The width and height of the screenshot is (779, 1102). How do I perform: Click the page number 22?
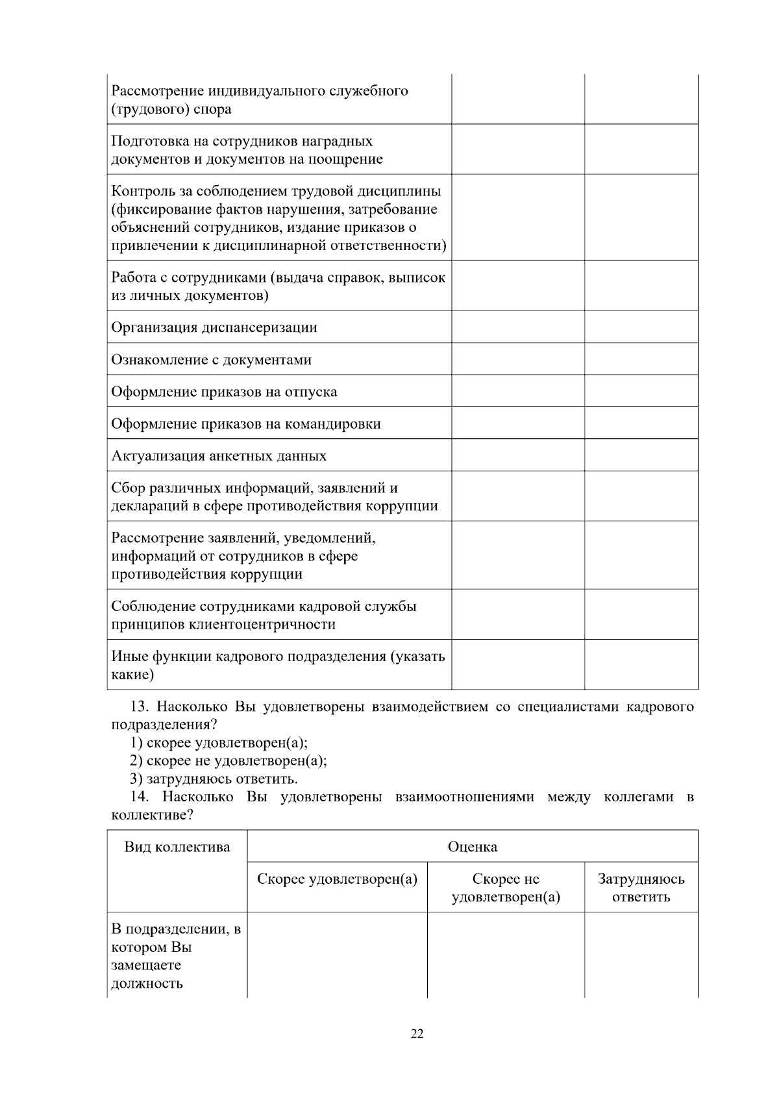click(x=417, y=1034)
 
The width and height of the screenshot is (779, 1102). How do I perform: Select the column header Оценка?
click(x=472, y=847)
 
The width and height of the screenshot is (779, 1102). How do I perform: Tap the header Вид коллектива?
click(x=177, y=847)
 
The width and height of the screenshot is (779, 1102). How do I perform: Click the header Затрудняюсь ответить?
click(x=641, y=888)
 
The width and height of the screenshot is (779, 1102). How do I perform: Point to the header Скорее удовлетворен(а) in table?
click(x=337, y=879)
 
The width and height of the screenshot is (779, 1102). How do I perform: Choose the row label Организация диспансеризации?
click(x=214, y=327)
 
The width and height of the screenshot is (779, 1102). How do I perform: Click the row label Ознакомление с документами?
click(x=211, y=360)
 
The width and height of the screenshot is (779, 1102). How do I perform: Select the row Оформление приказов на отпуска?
click(x=224, y=392)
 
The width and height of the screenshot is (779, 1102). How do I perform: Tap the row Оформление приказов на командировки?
click(x=245, y=424)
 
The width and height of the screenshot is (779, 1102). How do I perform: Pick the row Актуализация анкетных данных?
click(x=219, y=456)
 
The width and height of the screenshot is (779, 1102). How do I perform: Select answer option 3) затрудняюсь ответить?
click(x=214, y=779)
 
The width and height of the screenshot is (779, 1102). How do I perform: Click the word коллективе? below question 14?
click(x=152, y=815)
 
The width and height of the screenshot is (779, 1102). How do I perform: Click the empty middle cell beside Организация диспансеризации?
click(x=518, y=327)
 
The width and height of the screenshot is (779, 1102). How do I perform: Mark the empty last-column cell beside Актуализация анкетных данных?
click(x=641, y=455)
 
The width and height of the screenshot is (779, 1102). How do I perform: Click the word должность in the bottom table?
click(x=147, y=983)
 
